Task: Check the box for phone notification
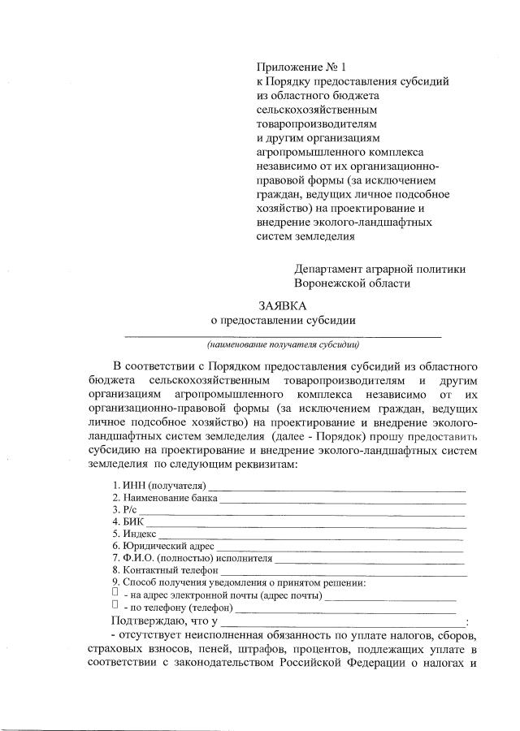click(x=115, y=605)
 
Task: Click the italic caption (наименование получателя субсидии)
click(x=282, y=344)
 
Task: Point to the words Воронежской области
click(x=353, y=283)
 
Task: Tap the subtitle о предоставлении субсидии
click(x=283, y=320)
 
